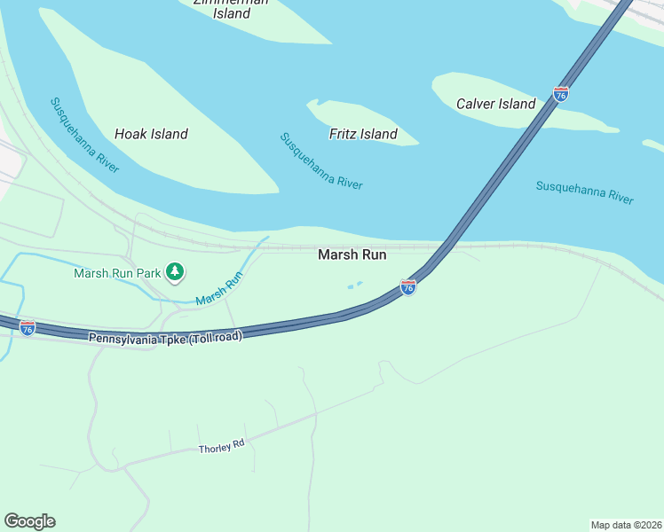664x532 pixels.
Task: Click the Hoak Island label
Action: click(x=151, y=134)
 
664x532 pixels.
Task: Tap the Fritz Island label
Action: click(x=363, y=134)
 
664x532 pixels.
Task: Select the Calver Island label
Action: click(x=495, y=104)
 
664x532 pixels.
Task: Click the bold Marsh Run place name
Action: click(x=352, y=254)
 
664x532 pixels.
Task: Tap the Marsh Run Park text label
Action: click(x=117, y=272)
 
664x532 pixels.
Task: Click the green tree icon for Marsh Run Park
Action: click(x=176, y=271)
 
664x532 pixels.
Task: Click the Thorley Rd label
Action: click(x=221, y=448)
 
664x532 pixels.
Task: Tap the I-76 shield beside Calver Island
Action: click(x=561, y=93)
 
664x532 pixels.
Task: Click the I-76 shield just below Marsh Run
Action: click(x=407, y=287)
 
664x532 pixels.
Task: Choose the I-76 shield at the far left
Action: click(x=28, y=328)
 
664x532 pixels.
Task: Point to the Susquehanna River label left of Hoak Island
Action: click(x=84, y=135)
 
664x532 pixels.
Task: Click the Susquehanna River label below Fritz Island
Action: click(x=321, y=160)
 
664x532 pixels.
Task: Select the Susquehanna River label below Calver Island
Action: click(x=585, y=192)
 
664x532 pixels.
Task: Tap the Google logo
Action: click(x=29, y=521)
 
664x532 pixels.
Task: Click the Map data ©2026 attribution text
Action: click(x=626, y=524)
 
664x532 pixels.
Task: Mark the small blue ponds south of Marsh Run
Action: click(x=354, y=286)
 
